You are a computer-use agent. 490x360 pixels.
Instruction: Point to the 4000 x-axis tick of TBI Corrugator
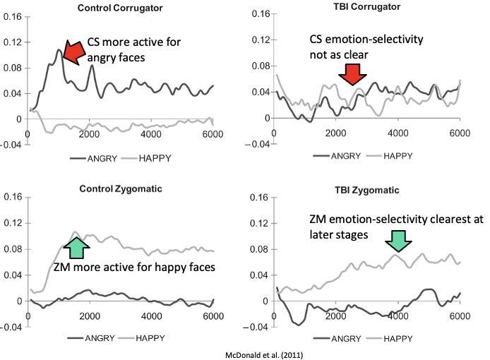point(398,133)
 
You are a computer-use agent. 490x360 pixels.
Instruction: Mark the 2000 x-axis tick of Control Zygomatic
point(88,316)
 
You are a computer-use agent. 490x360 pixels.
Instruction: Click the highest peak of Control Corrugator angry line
point(59,50)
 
